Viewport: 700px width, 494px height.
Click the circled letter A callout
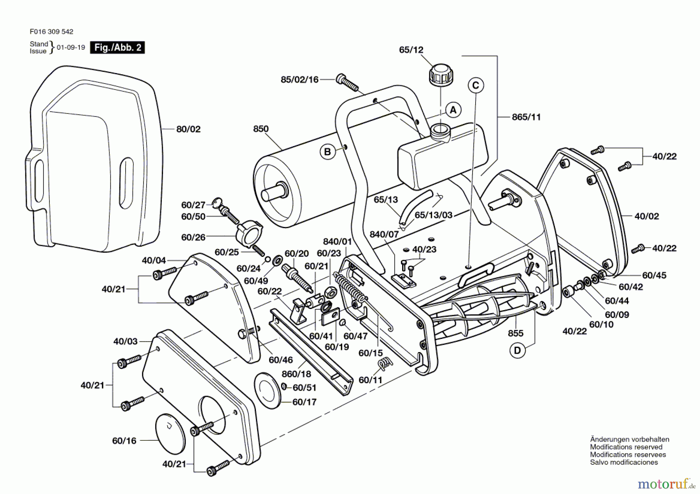coord(453,110)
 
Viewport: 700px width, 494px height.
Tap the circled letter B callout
coord(327,152)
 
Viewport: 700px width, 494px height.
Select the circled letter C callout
coord(476,85)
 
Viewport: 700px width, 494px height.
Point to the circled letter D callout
coord(517,350)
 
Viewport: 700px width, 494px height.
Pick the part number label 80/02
coord(188,129)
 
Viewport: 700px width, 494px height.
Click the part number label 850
coord(261,129)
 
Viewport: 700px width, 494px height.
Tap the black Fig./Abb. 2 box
coord(117,47)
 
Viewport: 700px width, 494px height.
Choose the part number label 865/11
coord(526,117)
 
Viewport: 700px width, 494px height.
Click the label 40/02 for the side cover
coord(646,216)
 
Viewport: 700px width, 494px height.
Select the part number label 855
coord(515,333)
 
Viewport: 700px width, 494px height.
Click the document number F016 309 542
coord(51,31)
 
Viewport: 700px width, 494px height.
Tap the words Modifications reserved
coord(626,447)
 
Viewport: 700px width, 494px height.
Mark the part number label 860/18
coord(296,374)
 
